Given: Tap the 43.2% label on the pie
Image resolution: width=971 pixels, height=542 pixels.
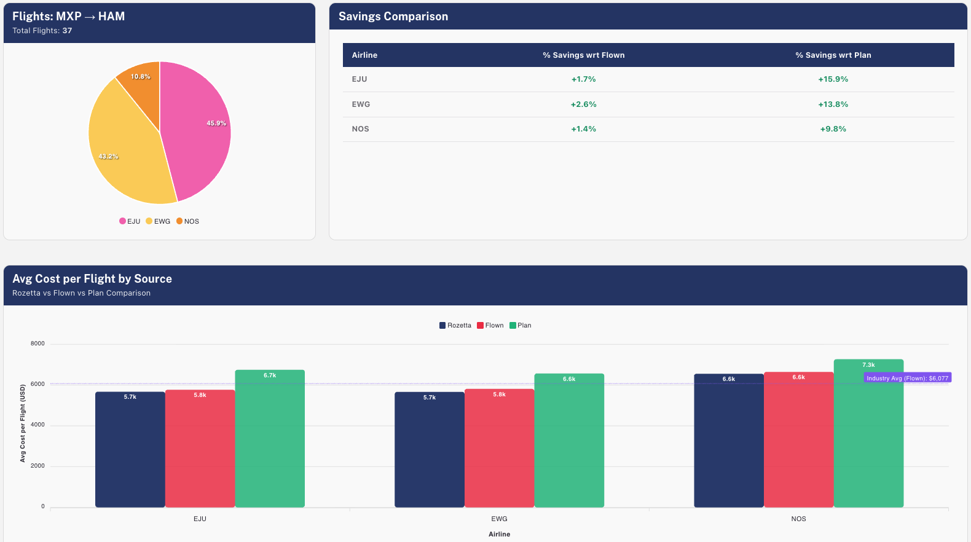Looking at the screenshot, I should [x=108, y=157].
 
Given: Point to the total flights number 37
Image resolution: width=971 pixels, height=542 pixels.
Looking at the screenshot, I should [x=67, y=31].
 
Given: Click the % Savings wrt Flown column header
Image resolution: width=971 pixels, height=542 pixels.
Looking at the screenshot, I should [x=583, y=55].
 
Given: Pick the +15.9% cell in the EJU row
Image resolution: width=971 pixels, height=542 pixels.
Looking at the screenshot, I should [x=833, y=79].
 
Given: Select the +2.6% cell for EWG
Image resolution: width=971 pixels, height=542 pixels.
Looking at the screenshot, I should [x=583, y=104].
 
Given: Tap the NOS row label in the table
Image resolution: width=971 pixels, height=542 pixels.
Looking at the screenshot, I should [x=360, y=129].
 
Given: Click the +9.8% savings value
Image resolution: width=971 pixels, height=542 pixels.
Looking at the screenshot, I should [x=833, y=129].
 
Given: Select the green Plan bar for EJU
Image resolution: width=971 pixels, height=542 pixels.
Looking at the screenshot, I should [x=270, y=442].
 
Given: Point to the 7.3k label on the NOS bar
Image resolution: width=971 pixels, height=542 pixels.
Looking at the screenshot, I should [x=868, y=365].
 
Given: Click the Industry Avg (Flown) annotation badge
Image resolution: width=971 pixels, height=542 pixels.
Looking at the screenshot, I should [x=907, y=378].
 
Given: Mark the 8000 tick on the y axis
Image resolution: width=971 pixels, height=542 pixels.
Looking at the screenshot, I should [x=37, y=344].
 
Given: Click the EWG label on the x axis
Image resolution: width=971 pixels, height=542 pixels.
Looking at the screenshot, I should [x=499, y=519].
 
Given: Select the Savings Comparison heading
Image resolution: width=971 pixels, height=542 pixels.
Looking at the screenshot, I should [x=393, y=17].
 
